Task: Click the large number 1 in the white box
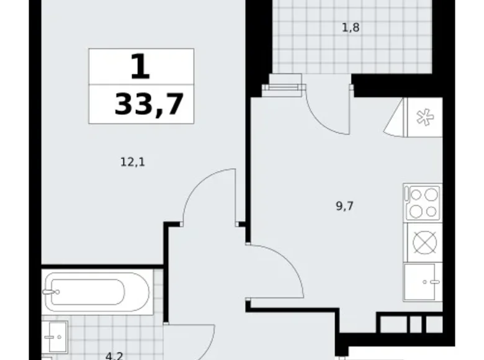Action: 141,67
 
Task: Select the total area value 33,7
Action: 149,104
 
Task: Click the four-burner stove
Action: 423,203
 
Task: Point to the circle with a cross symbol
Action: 423,243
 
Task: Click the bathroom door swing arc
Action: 199,338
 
